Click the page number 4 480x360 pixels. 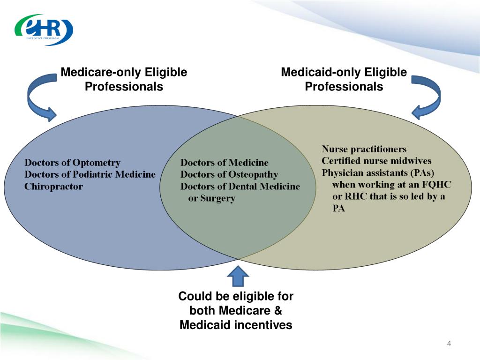(x=449, y=345)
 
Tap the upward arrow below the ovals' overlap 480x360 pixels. (x=238, y=277)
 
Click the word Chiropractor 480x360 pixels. (x=53, y=186)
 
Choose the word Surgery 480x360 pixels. (x=217, y=198)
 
